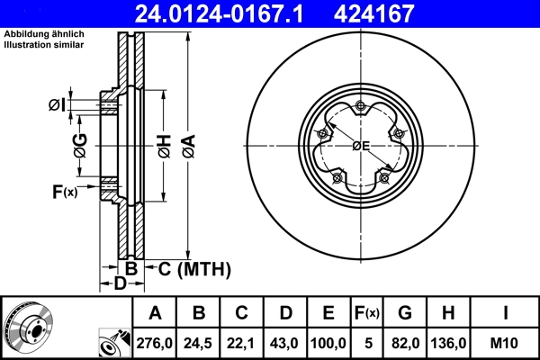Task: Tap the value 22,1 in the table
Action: tap(242, 342)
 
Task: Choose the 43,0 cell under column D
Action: tap(285, 342)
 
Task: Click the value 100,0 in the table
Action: tap(328, 342)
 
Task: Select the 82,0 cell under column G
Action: tap(405, 342)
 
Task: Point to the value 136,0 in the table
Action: tap(450, 342)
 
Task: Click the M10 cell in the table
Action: tap(507, 342)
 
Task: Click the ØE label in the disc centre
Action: tap(361, 146)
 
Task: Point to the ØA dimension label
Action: tap(187, 144)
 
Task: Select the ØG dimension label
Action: tap(80, 144)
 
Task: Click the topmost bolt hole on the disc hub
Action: tap(360, 109)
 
